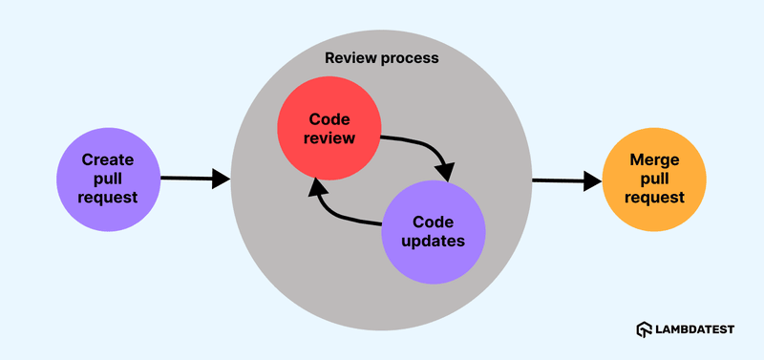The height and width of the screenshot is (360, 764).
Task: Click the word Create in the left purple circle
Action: tap(108, 159)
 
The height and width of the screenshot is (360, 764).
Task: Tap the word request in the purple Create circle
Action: tap(108, 198)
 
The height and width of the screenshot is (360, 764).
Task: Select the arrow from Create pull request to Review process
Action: tap(195, 178)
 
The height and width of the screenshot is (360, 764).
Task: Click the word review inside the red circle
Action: tap(330, 138)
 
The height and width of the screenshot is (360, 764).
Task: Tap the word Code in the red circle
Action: tap(330, 119)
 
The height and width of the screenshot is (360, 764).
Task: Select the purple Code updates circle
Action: tap(434, 230)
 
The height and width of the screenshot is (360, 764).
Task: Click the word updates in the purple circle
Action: tap(434, 241)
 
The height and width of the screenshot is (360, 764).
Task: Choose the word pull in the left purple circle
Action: tap(108, 179)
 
